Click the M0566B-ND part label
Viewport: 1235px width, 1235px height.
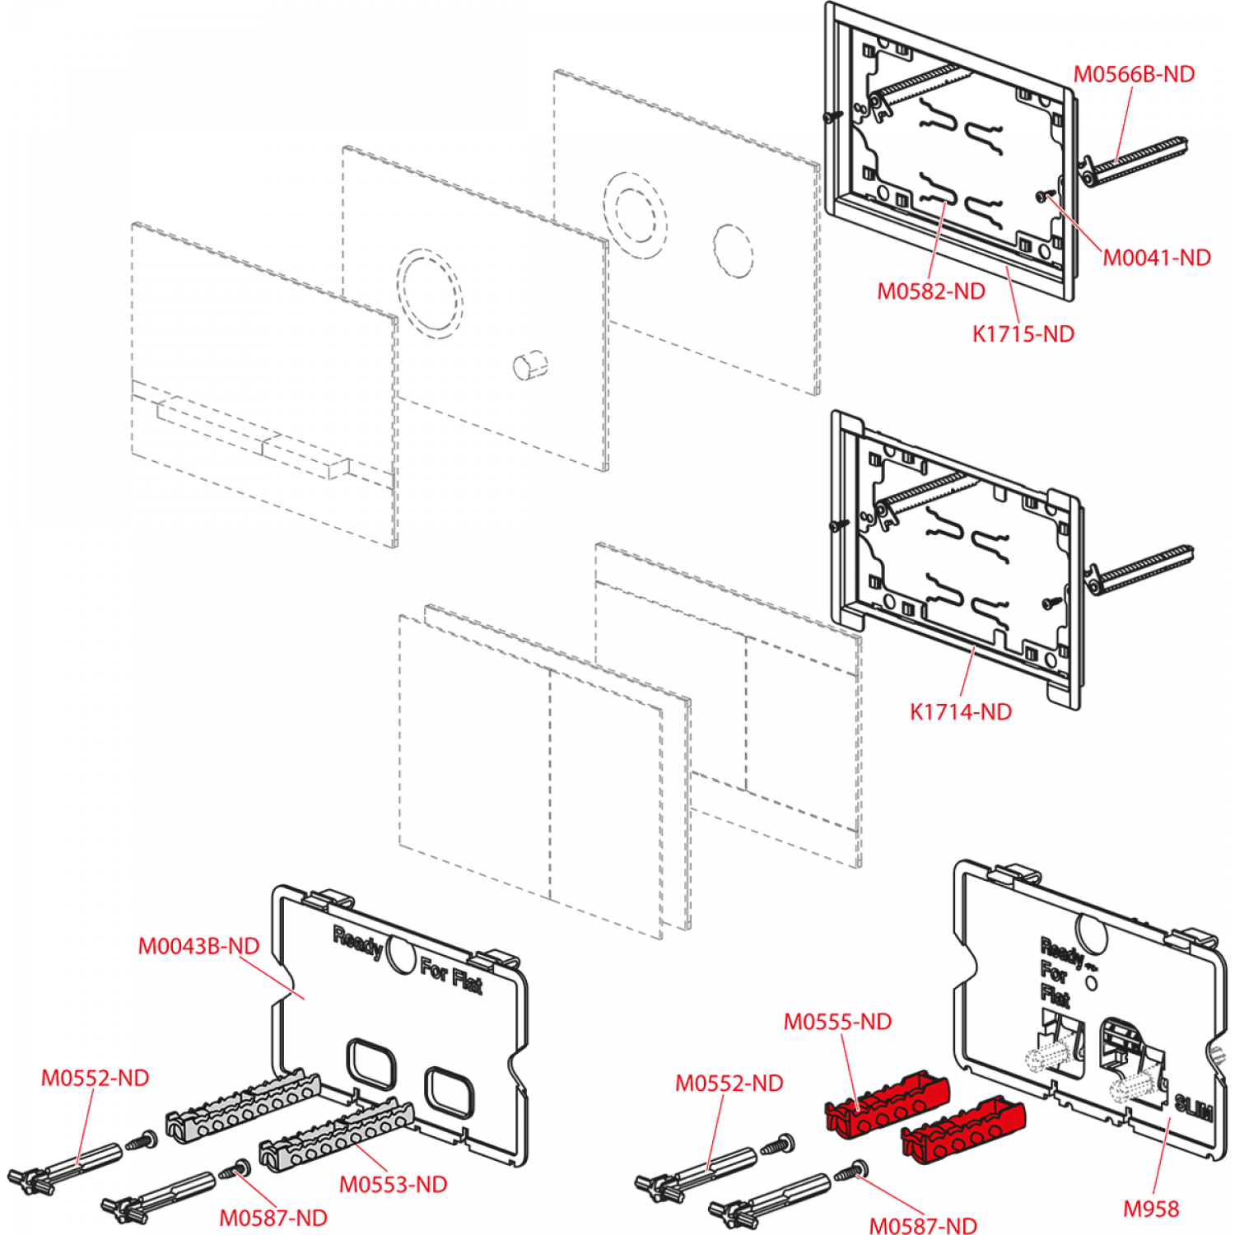coord(1134,74)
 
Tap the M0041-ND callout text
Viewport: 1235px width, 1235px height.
coord(1156,258)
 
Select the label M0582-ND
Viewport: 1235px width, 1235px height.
coord(930,291)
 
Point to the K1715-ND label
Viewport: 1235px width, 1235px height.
coord(1023,333)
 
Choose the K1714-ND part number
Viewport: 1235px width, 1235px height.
coord(960,711)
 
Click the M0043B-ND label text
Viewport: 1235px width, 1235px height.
coord(198,946)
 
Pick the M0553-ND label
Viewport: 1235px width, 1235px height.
coord(393,1184)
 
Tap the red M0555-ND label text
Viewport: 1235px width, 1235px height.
coord(837,1022)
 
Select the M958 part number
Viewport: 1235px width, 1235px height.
coord(1151,1209)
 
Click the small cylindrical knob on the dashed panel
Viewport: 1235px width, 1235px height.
coord(529,365)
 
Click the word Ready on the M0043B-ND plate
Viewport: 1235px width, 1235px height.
coord(357,942)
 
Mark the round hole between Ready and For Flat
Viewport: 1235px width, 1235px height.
coord(401,955)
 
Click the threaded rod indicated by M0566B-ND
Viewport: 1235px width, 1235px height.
coord(1136,161)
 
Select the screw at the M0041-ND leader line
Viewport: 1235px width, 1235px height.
coord(1046,196)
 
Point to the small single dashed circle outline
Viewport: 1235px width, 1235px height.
coord(732,250)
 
